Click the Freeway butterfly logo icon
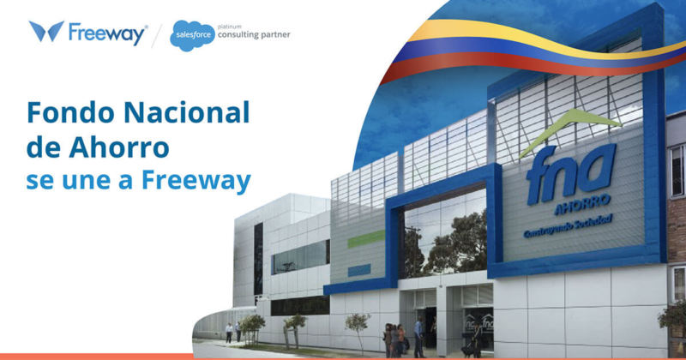click(46, 32)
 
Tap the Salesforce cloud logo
click(192, 35)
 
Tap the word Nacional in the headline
click(181, 112)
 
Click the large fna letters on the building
click(569, 171)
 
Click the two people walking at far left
click(233, 331)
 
